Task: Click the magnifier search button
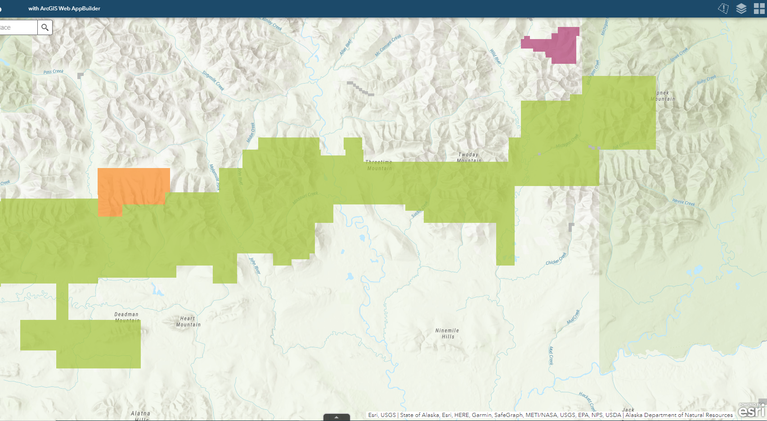(x=45, y=27)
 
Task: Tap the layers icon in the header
(x=741, y=9)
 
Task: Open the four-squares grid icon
(x=759, y=9)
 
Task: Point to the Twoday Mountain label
(x=469, y=157)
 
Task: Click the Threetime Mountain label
(x=379, y=165)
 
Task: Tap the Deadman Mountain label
(x=126, y=317)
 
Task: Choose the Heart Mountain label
(x=188, y=321)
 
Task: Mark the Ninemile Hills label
(x=447, y=333)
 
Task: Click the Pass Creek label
(x=54, y=71)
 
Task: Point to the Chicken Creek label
(x=556, y=260)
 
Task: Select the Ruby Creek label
(x=706, y=80)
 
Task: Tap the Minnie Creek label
(x=683, y=202)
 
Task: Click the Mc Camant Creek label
(x=388, y=46)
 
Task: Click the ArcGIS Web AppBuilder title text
(x=64, y=9)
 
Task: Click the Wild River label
(x=495, y=57)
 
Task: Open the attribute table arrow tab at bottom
(x=336, y=417)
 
